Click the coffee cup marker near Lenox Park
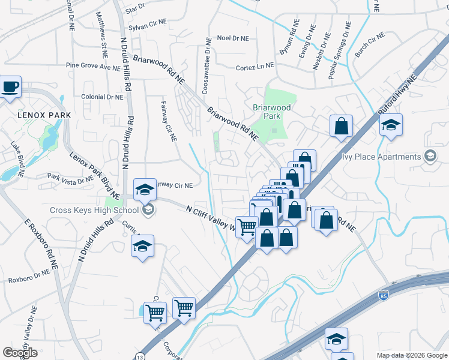[11, 87]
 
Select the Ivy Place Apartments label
[381, 157]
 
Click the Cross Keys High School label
[95, 210]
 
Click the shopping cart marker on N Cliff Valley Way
[247, 227]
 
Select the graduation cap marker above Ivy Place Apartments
[391, 125]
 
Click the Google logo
[20, 353]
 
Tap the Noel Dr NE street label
[232, 38]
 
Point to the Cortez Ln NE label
[255, 67]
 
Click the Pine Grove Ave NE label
[93, 67]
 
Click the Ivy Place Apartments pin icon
[430, 157]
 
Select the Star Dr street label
[136, 8]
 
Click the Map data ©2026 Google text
[411, 355]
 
